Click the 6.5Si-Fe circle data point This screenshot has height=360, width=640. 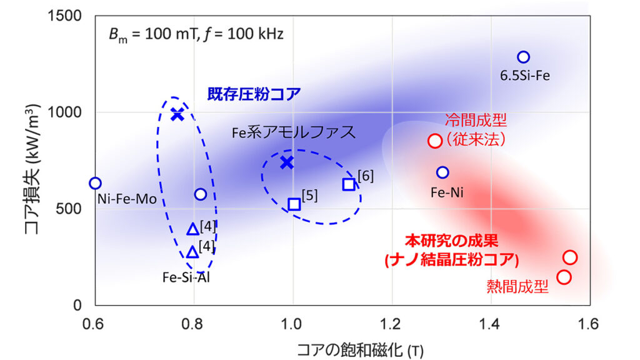point(523,57)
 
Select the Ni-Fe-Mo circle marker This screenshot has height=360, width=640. point(95,183)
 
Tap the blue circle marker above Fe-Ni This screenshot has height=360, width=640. point(442,172)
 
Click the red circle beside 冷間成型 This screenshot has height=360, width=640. point(435,141)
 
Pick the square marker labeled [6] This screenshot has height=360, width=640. point(349,184)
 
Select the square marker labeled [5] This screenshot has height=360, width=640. point(294,204)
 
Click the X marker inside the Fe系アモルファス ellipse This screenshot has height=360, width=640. point(287,162)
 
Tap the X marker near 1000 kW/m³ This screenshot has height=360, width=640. point(177,114)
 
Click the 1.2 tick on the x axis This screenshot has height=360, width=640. point(391,324)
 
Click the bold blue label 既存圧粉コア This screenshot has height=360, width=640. point(254,94)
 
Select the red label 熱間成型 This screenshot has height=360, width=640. point(517,287)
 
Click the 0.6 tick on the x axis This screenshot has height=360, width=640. point(94,324)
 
